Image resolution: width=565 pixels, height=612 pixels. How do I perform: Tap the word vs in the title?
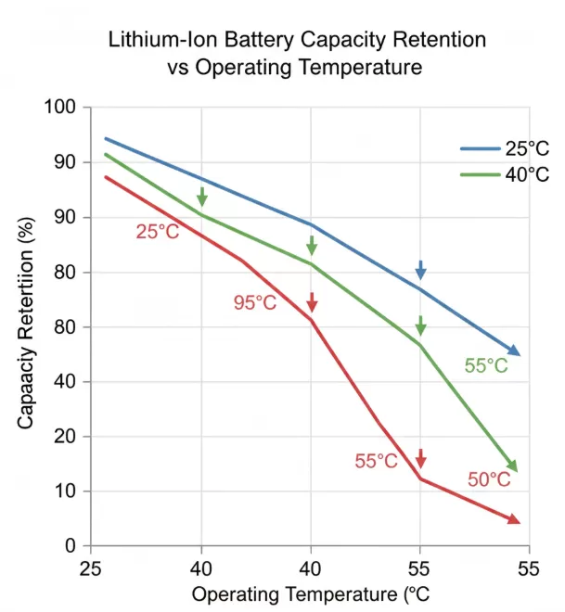[x=178, y=68]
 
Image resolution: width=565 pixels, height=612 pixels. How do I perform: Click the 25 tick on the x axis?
[x=90, y=567]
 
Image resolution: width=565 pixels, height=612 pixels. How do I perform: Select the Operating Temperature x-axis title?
[x=310, y=593]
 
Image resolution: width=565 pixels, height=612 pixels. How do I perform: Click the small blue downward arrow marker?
[x=420, y=270]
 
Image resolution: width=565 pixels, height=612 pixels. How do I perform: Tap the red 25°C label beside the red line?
[x=157, y=232]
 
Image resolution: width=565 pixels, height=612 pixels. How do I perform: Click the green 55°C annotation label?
[x=486, y=365]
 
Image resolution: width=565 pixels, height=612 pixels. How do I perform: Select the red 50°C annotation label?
[x=489, y=480]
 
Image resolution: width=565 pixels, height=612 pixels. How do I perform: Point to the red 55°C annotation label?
[x=376, y=461]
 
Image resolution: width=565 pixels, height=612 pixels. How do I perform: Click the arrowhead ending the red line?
[x=514, y=520]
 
